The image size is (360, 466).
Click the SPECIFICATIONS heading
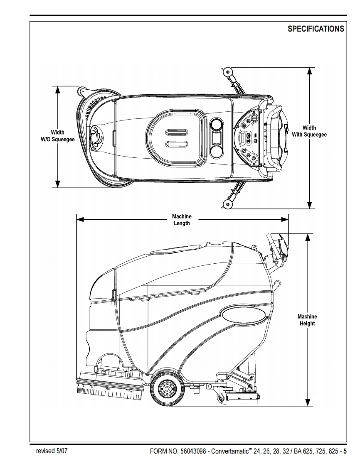[316, 29]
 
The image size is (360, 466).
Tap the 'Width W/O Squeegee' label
[57, 136]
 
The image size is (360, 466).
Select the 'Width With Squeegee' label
[309, 131]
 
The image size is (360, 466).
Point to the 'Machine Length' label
[182, 220]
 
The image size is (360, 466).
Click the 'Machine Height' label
[307, 320]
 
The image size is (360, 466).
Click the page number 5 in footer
[345, 451]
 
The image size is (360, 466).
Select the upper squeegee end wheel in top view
[227, 71]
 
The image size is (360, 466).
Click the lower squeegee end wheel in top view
[227, 203]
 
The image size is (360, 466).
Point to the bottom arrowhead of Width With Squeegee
[309, 204]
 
